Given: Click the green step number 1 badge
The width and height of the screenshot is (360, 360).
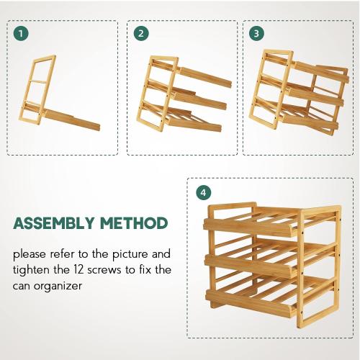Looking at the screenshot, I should point(22,33).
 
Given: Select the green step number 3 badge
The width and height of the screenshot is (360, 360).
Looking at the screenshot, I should point(256,33).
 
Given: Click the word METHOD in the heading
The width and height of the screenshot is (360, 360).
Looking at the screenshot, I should point(135,223).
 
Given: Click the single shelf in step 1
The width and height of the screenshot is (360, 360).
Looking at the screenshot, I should point(72,117).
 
